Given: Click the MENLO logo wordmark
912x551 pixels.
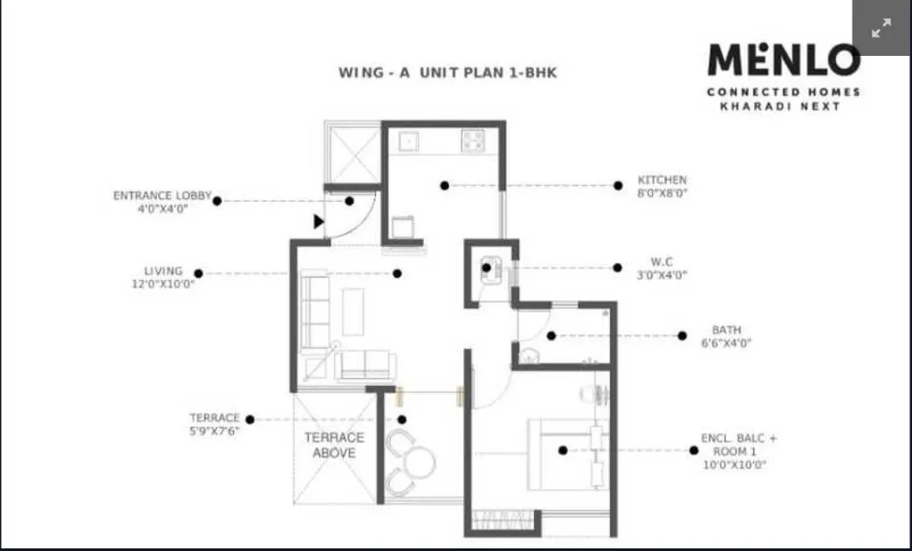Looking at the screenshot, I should click(x=783, y=60).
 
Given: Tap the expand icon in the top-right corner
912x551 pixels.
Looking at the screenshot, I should click(x=881, y=28).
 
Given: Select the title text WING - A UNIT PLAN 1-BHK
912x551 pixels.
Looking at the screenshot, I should click(x=447, y=72).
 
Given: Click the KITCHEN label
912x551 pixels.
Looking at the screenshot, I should click(x=662, y=181).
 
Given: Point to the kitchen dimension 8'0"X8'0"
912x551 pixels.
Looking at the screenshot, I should click(x=662, y=193).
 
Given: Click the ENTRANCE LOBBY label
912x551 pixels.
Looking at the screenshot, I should click(x=162, y=196).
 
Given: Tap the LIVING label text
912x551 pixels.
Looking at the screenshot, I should click(x=163, y=271).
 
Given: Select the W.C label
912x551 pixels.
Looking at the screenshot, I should click(x=661, y=262).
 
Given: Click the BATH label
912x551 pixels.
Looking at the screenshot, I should click(x=726, y=330).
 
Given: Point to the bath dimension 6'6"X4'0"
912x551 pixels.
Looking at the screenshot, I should click(x=726, y=343).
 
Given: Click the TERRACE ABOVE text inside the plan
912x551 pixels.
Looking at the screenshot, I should click(x=334, y=445).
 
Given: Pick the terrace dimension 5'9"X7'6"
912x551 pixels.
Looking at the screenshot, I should click(x=215, y=430).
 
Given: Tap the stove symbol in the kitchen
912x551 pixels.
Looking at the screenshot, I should click(x=473, y=140).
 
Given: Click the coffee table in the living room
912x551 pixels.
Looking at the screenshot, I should click(x=353, y=311).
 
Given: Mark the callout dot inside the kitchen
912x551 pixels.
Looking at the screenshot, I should click(x=444, y=185).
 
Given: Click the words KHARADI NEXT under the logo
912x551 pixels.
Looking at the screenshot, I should click(x=779, y=107).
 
